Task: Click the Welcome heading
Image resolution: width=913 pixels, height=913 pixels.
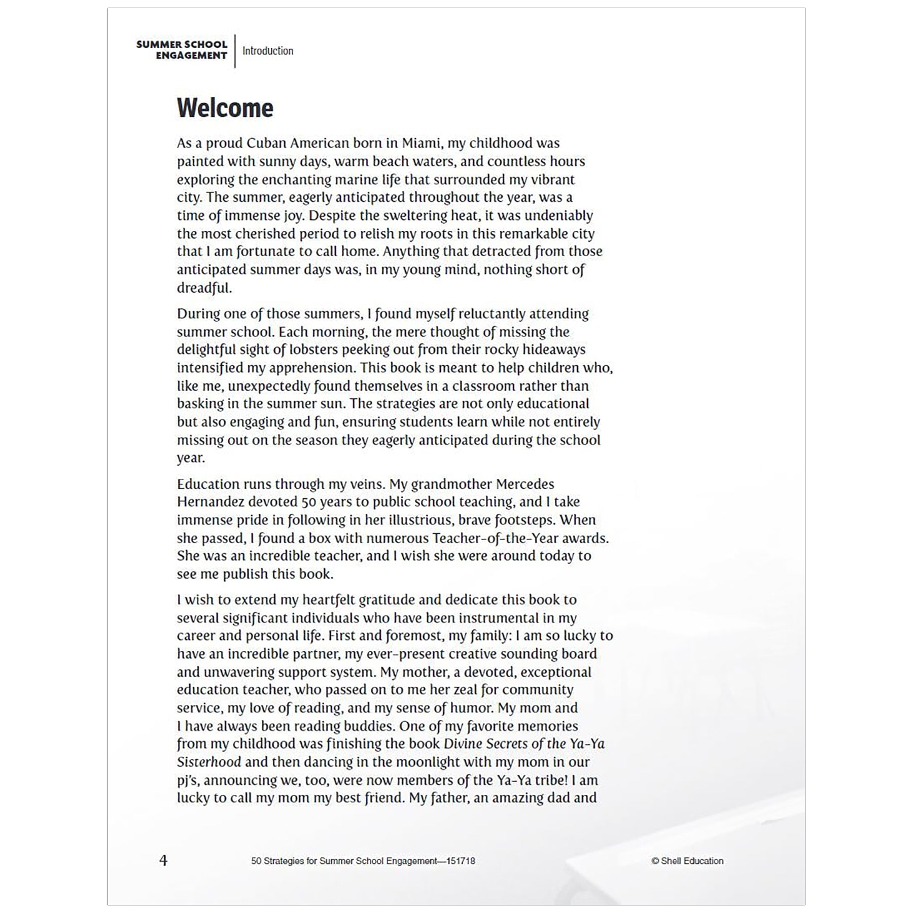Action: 225,108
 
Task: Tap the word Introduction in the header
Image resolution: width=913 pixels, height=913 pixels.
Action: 267,51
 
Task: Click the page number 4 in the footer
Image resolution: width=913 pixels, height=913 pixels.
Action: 163,861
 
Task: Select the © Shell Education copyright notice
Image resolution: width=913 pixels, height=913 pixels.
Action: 687,861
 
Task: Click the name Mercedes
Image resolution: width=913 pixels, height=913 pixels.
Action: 525,484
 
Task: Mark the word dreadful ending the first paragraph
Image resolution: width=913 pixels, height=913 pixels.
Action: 204,288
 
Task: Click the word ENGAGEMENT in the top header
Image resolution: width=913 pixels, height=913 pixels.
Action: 191,56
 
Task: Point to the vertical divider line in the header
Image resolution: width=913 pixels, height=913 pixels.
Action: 235,51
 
